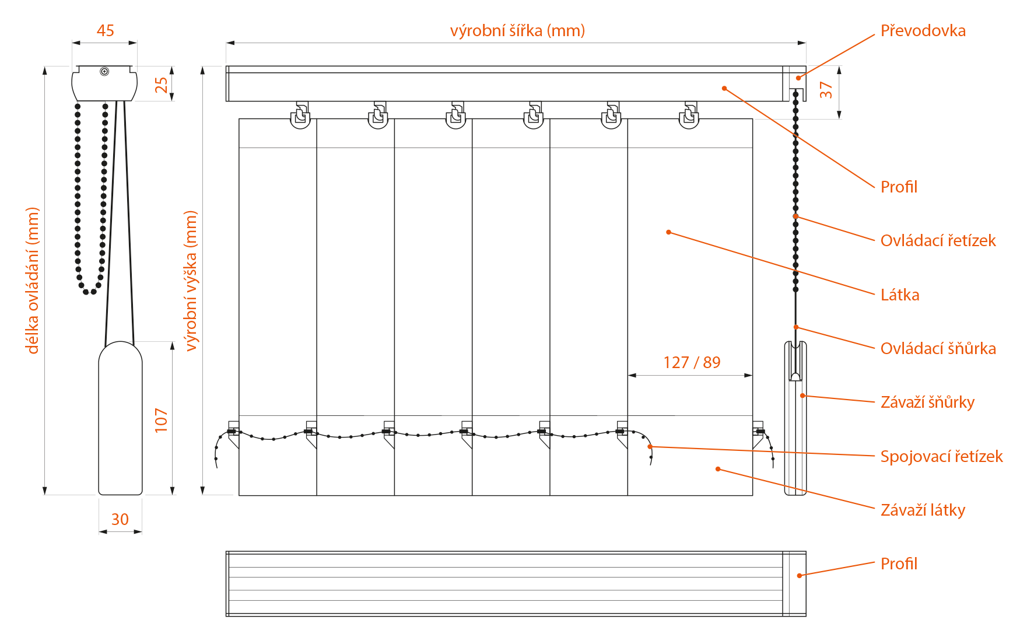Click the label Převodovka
pos(923,30)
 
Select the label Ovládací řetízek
pos(938,240)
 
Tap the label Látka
pos(900,295)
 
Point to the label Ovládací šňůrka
pos(938,348)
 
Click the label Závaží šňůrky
pos(927,402)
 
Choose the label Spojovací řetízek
pos(941,456)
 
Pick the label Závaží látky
pos(923,510)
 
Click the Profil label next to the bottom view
pos(899,563)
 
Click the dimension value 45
pos(105,30)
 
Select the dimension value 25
pos(161,85)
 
